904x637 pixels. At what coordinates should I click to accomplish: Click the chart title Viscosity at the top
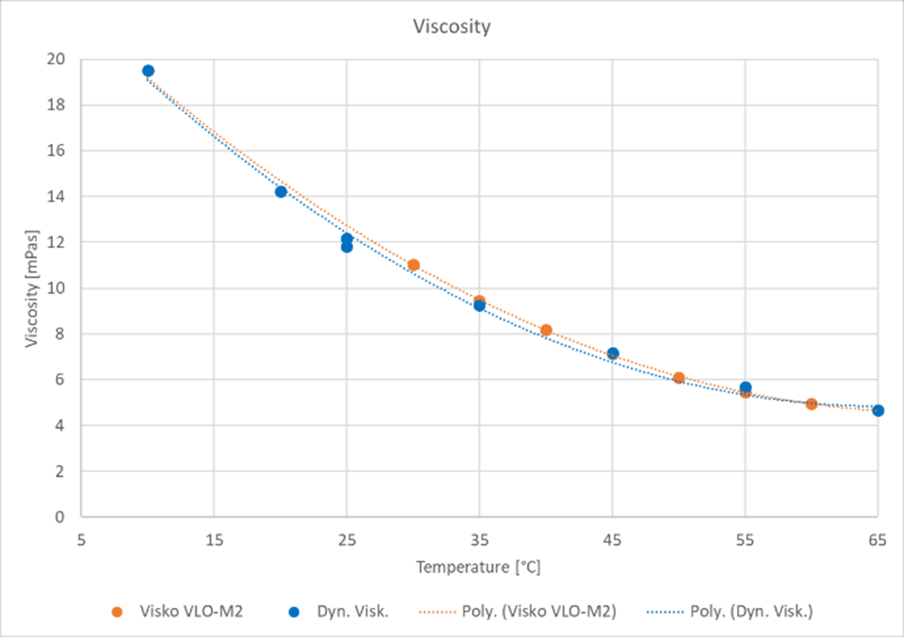click(x=452, y=27)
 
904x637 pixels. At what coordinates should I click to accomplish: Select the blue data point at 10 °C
click(x=148, y=71)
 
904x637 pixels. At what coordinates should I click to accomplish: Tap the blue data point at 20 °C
click(x=281, y=191)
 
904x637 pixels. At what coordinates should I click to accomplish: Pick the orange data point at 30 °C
click(x=414, y=264)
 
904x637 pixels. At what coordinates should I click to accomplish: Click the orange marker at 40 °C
click(x=546, y=330)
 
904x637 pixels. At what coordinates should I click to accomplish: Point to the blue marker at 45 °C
click(x=613, y=353)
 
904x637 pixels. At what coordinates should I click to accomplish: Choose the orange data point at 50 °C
click(x=679, y=378)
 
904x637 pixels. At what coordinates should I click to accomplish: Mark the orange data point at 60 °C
click(x=812, y=404)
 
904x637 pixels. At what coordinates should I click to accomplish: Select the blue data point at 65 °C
click(x=878, y=411)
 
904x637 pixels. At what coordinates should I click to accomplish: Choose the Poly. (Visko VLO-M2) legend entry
click(x=537, y=612)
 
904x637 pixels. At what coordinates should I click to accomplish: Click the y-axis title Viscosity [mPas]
click(x=31, y=288)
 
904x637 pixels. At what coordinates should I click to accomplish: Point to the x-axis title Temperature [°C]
click(x=478, y=567)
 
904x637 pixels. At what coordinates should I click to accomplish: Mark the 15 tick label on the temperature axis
click(x=214, y=539)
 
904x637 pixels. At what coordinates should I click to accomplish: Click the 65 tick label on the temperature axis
click(x=877, y=539)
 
